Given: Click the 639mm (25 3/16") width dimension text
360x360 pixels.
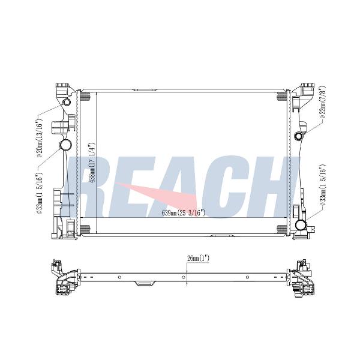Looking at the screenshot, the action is [183, 213].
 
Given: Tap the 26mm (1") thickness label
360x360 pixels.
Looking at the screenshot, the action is [198, 259].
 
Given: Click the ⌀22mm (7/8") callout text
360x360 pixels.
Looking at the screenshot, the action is [322, 102].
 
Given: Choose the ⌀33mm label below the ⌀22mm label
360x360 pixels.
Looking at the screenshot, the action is [323, 185].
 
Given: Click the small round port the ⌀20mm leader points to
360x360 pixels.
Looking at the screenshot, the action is [67, 102].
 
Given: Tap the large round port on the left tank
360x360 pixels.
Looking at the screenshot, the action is [65, 145].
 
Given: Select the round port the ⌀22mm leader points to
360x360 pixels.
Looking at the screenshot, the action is [299, 136].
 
